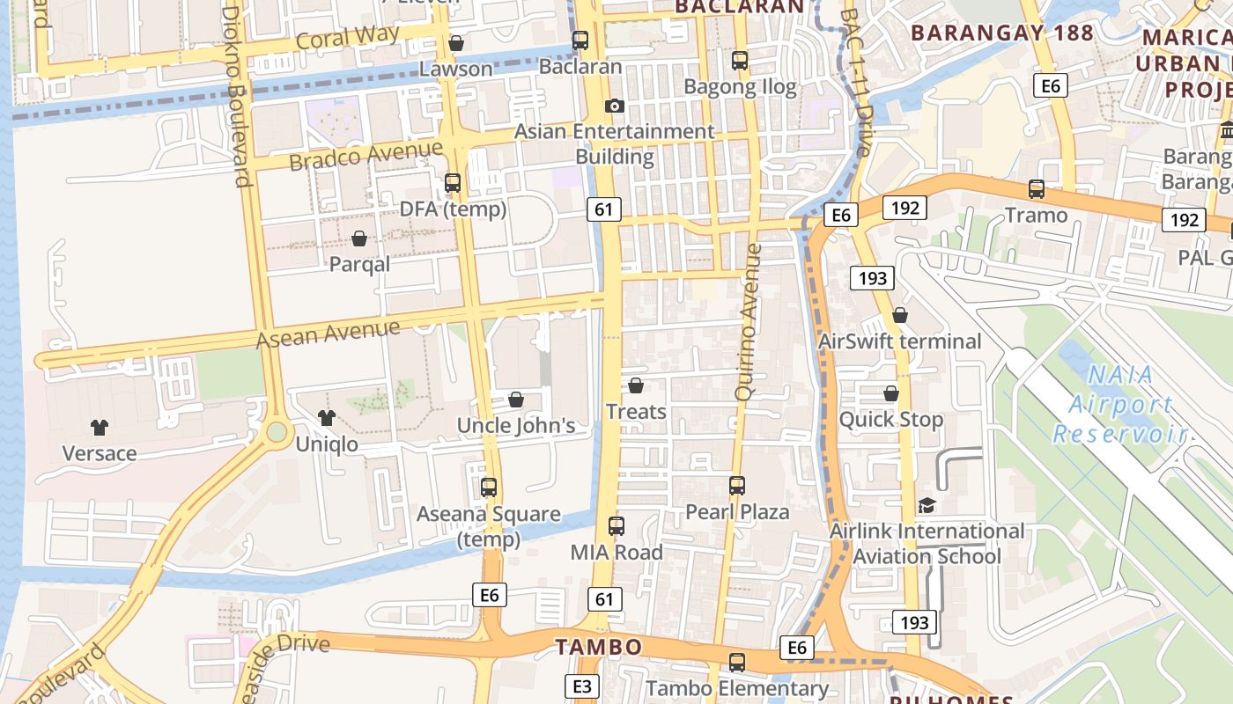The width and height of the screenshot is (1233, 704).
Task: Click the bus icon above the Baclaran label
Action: [580, 40]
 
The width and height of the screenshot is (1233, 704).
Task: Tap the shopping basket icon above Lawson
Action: [456, 43]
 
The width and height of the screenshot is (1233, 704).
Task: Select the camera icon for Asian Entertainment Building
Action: [615, 106]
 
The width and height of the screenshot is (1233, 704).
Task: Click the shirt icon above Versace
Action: [100, 428]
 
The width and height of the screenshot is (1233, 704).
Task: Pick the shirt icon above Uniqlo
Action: [327, 418]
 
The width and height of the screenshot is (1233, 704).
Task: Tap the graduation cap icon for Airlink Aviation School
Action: [927, 506]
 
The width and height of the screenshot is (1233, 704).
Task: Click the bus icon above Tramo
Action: [1037, 189]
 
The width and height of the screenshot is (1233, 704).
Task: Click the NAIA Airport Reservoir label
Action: [1119, 404]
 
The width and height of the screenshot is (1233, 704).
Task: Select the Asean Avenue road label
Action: [328, 334]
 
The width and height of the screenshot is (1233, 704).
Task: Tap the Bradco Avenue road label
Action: [365, 156]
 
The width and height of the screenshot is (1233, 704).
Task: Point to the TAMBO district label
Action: [599, 648]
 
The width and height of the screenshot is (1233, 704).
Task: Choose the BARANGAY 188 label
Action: [1001, 33]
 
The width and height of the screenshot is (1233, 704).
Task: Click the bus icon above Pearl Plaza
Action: [737, 486]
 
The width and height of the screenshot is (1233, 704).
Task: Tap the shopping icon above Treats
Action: [636, 385]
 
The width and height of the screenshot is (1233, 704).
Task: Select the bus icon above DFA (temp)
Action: [453, 183]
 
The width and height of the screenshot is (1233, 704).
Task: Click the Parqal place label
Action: [359, 264]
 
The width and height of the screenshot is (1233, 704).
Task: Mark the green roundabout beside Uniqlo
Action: [277, 431]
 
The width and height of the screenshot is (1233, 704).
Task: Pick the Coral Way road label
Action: [348, 38]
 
